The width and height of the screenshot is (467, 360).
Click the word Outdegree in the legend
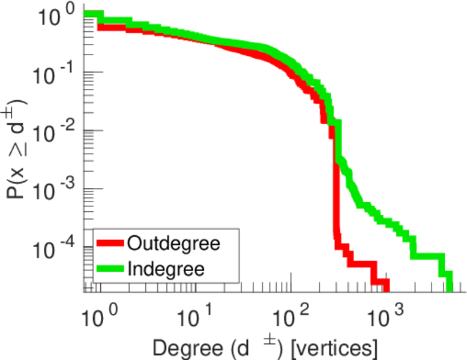click(x=174, y=244)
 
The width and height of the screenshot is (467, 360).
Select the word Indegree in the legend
click(x=166, y=269)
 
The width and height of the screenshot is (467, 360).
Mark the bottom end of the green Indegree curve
click(x=450, y=287)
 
